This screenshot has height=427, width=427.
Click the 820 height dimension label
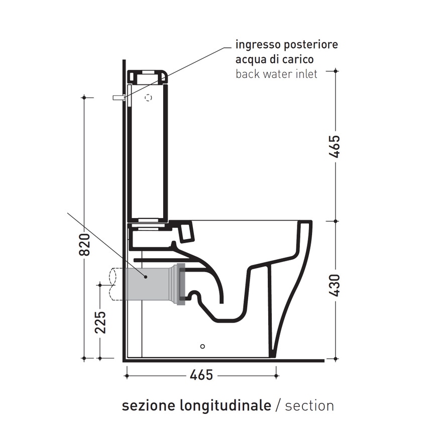click(85, 245)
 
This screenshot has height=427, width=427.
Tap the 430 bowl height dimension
click(335, 285)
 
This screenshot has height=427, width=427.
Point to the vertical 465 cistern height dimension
click(335, 146)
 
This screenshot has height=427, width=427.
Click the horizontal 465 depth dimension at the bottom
click(201, 375)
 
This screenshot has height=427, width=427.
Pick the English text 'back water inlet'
click(276, 74)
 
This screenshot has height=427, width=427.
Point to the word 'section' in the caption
click(309, 405)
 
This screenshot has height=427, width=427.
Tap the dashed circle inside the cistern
click(148, 98)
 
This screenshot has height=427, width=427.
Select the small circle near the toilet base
click(202, 346)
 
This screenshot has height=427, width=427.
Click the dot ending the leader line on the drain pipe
click(146, 276)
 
